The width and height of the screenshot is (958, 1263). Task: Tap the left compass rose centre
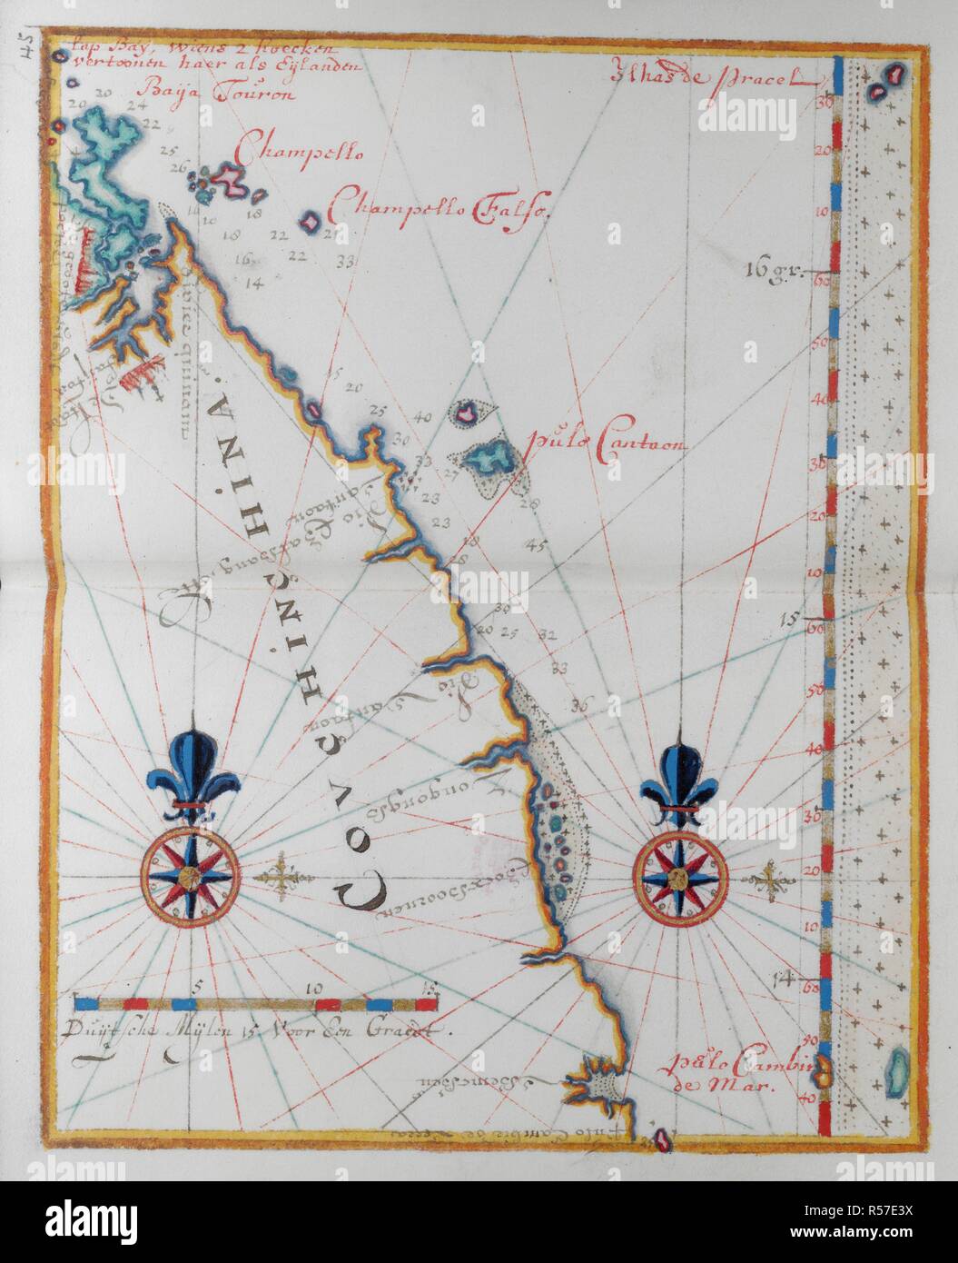[x=189, y=876]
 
